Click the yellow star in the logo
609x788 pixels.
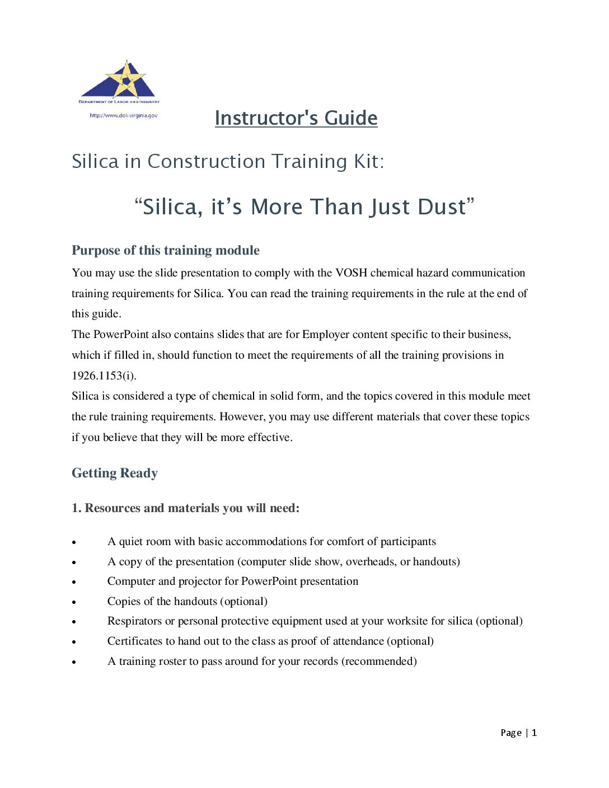tap(127, 80)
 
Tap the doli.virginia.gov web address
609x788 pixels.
tap(124, 115)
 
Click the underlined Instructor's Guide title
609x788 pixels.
tap(296, 118)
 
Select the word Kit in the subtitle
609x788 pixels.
tap(366, 161)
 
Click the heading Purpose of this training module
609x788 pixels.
tap(165, 250)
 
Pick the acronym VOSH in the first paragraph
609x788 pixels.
tap(351, 273)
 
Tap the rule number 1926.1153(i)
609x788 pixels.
tap(104, 376)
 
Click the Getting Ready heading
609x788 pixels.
tap(115, 473)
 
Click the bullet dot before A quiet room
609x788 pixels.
tap(74, 542)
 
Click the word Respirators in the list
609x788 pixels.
tap(134, 621)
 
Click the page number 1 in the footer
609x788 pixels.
tap(534, 733)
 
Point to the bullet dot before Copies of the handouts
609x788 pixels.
tap(74, 602)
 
